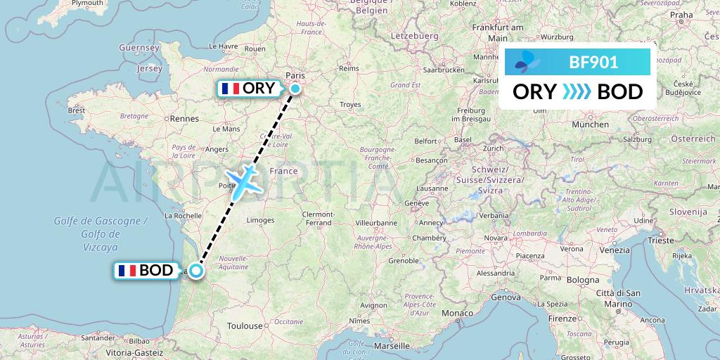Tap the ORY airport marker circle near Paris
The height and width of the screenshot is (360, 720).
click(295, 89)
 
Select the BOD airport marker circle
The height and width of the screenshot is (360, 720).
click(196, 270)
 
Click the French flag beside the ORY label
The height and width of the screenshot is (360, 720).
click(230, 89)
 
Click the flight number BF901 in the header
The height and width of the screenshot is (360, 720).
click(593, 63)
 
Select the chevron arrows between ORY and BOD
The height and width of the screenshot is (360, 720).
click(577, 92)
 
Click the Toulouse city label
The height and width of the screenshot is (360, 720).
click(244, 326)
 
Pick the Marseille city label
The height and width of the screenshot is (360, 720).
click(392, 347)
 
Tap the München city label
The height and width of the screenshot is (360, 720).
click(591, 124)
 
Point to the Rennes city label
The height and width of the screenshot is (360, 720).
click(185, 120)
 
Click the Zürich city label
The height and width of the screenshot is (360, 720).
click(494, 149)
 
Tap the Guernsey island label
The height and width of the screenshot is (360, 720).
click(139, 48)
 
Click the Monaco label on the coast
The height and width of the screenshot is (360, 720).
click(457, 312)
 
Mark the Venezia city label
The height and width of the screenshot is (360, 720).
click(615, 250)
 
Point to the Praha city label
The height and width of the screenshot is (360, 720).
click(681, 14)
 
